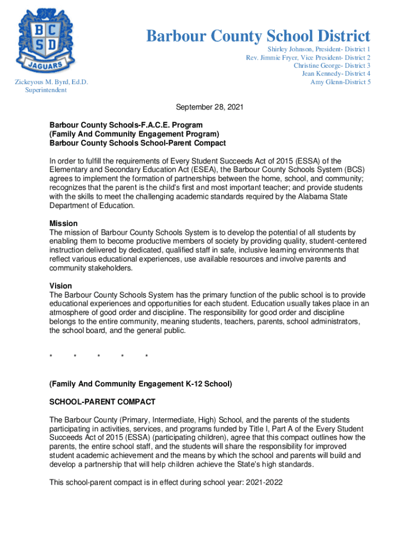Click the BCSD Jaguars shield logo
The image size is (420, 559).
coord(45,40)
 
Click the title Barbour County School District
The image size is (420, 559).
coord(258,37)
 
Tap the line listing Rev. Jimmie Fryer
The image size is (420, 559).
coord(308,57)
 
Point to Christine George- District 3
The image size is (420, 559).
coord(332,66)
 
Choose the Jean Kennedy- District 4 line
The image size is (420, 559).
coord(336,74)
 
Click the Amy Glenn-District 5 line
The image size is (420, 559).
coord(340,82)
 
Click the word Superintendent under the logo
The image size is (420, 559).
coord(46,90)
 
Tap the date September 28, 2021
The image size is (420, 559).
coord(209,108)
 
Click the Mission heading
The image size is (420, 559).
coord(63,224)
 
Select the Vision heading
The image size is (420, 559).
coord(61,286)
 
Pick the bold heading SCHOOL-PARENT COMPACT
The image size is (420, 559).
coord(102,402)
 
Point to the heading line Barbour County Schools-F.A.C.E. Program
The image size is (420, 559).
coord(126,125)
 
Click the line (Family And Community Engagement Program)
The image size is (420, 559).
coord(134,134)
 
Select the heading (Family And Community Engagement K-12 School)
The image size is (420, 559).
coord(141,384)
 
